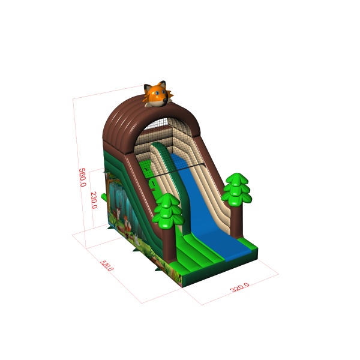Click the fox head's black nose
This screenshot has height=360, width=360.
click(165, 100)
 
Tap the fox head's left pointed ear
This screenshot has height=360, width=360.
click(147, 88)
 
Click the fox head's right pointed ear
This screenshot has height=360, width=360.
click(162, 84)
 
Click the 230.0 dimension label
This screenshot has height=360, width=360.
click(94, 200)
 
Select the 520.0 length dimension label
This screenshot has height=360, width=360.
click(107, 265)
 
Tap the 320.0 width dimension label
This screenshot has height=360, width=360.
click(239, 287)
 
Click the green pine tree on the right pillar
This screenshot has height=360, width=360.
click(236, 188)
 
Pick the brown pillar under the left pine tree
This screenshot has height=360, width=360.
click(169, 245)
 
